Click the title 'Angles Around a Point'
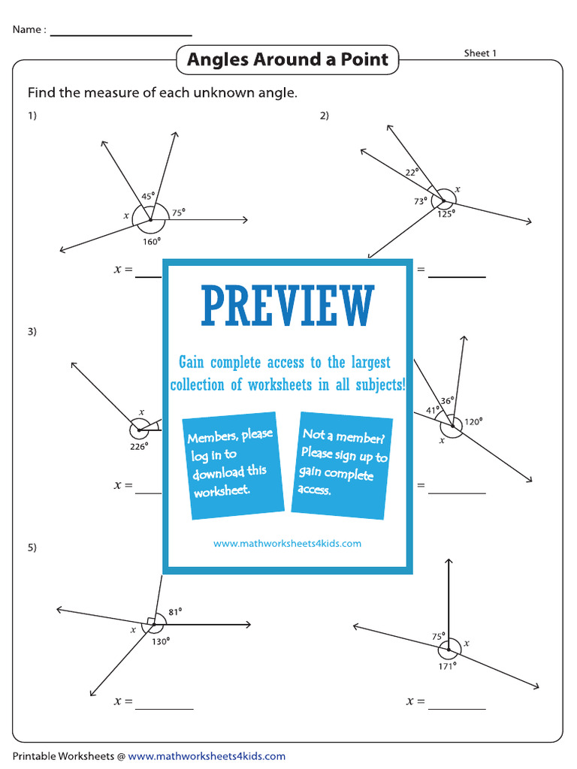(287, 59)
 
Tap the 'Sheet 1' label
(480, 53)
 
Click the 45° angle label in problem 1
(148, 197)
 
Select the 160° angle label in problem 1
(151, 241)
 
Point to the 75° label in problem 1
(178, 213)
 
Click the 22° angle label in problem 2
(412, 173)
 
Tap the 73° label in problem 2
(420, 201)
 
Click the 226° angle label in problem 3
(139, 445)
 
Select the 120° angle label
(473, 421)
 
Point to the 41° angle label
(433, 410)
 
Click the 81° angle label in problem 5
(175, 611)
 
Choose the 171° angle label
(448, 665)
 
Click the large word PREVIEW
(287, 306)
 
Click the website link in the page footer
(207, 756)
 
